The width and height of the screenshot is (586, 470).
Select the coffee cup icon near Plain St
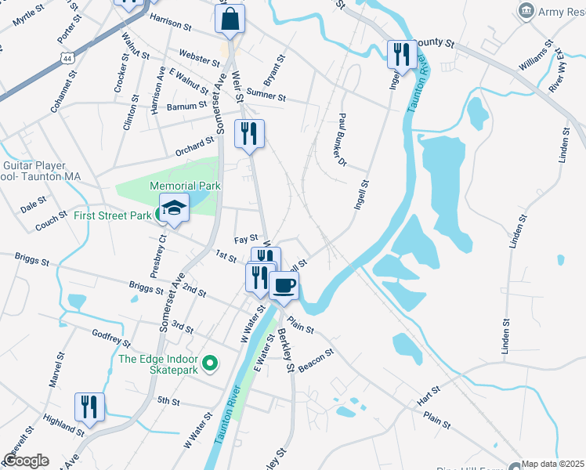[x=284, y=285]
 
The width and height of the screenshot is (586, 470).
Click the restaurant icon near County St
[x=401, y=54]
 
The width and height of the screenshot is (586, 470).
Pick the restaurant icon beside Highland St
[x=89, y=407]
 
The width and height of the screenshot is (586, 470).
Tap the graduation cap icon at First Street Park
[x=175, y=208]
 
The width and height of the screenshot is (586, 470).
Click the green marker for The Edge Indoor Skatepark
[x=209, y=363]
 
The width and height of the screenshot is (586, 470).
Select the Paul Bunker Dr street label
[x=342, y=139]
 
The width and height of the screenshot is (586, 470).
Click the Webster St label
[x=200, y=59]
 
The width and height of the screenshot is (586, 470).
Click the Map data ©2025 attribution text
[x=553, y=464]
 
